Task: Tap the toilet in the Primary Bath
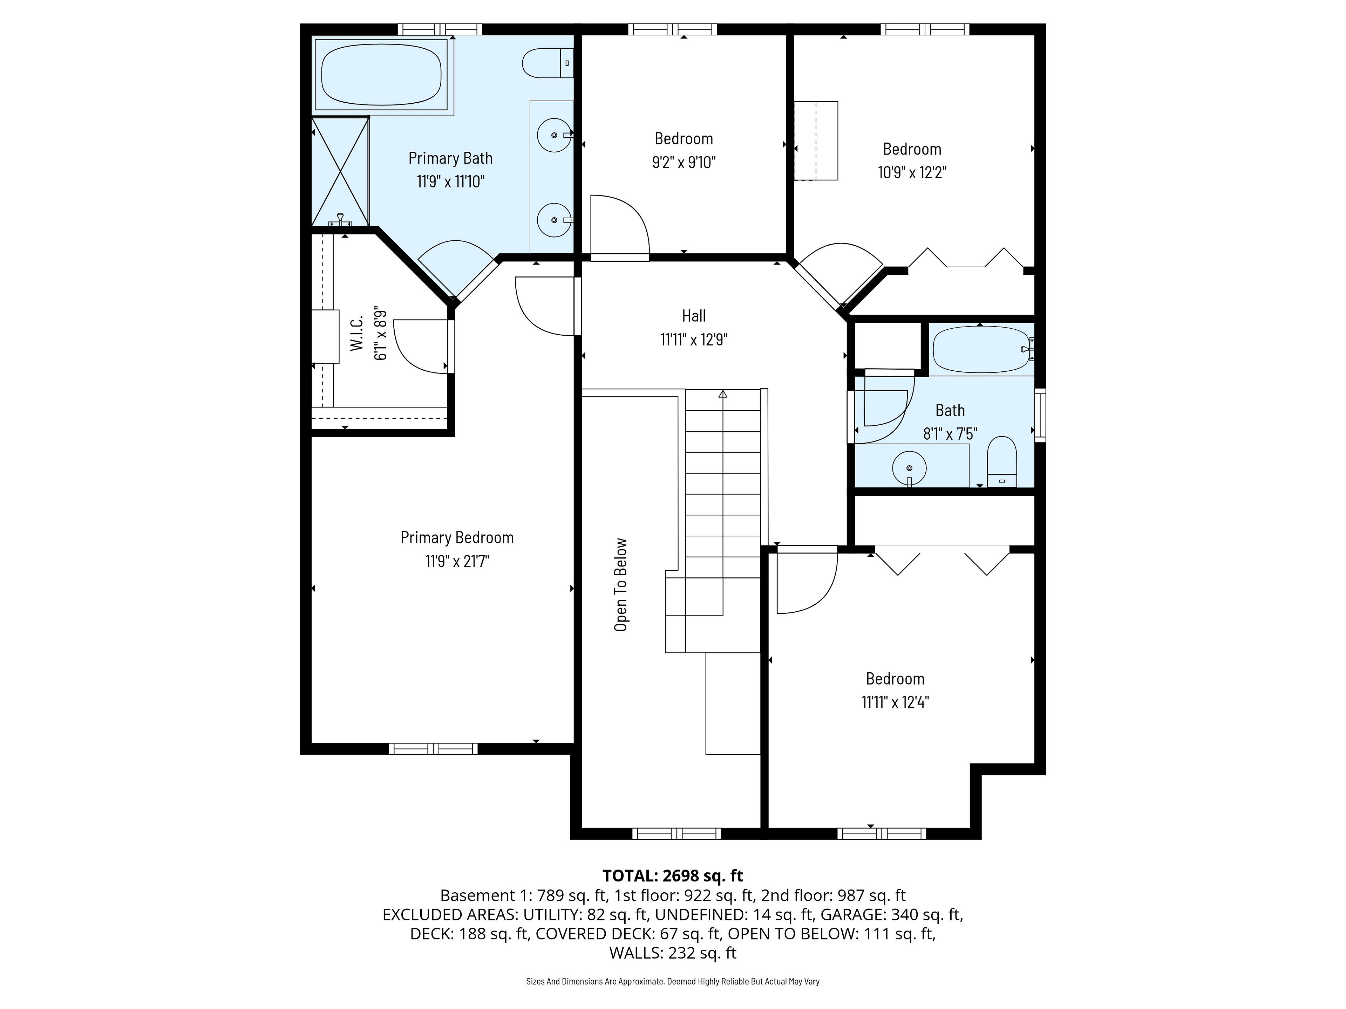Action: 548,63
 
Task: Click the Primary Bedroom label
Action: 457,538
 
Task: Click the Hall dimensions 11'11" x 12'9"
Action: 694,339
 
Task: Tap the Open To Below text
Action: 621,584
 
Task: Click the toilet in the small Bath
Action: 1001,462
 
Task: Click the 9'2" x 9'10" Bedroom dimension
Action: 684,163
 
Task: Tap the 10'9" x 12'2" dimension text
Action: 912,173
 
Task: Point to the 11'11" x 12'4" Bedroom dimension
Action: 895,702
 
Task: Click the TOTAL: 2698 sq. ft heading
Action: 672,876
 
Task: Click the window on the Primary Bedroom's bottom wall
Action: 433,749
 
